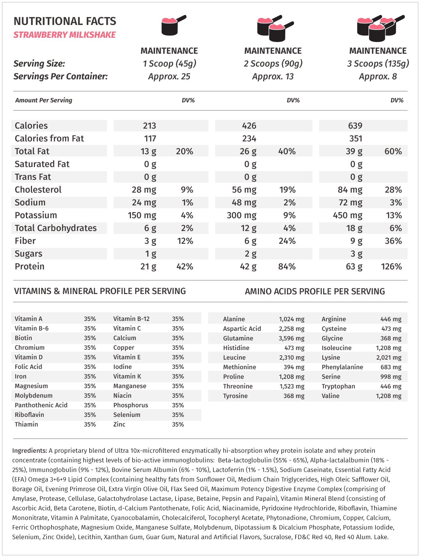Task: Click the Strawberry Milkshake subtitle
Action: pyautogui.click(x=64, y=35)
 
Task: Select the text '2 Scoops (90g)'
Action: pyautogui.click(x=273, y=64)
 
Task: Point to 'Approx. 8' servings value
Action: pyautogui.click(x=378, y=76)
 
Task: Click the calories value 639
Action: pyautogui.click(x=355, y=126)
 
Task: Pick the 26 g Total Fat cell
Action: pyautogui.click(x=248, y=151)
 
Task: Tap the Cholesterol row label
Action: pyautogui.click(x=38, y=190)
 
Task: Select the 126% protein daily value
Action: pyautogui.click(x=391, y=267)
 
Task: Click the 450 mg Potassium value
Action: pyautogui.click(x=347, y=215)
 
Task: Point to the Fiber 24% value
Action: pyautogui.click(x=287, y=241)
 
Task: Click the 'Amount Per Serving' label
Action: pyautogui.click(x=44, y=100)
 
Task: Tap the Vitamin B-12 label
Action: pyautogui.click(x=131, y=319)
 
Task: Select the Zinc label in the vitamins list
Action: pyautogui.click(x=119, y=424)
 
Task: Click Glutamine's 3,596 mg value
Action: pyautogui.click(x=291, y=338)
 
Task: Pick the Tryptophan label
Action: pyautogui.click(x=338, y=386)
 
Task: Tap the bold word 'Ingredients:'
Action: pyautogui.click(x=29, y=450)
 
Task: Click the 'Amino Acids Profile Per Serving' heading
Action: pyautogui.click(x=315, y=291)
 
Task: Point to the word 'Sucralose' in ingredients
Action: pyautogui.click(x=277, y=537)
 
